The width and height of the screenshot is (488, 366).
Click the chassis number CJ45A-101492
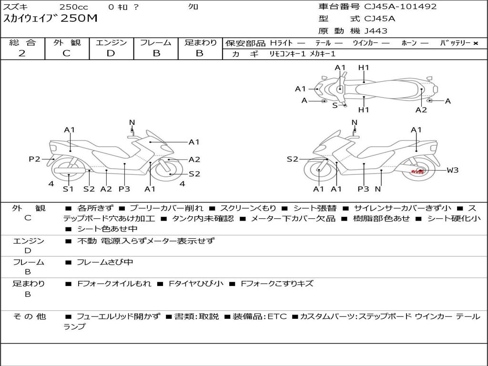pos(400,6)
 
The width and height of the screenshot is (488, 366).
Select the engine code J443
pos(376,31)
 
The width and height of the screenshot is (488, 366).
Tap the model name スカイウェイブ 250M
pos(51,19)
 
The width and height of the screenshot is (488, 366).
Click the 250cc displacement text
pos(74,7)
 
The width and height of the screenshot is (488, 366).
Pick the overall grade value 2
pos(22,53)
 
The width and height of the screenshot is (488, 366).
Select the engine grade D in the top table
pos(111,53)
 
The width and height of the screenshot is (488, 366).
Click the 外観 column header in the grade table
pos(67,42)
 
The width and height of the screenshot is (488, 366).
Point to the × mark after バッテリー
pos(475,43)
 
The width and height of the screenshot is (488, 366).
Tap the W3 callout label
pos(453,170)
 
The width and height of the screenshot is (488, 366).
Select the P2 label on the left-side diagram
pos(34,159)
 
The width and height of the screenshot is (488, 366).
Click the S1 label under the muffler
pos(68,189)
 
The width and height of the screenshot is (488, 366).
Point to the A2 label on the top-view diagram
pos(421,110)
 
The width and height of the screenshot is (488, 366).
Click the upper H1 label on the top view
pos(364,68)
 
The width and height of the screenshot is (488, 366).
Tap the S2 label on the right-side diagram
pos(292,159)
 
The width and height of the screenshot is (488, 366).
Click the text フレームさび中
pos(105,262)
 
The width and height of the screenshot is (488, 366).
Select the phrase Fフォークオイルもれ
pos(114,284)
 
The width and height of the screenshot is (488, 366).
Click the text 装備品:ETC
pos(260,316)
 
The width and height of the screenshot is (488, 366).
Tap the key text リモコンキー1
pos(287,54)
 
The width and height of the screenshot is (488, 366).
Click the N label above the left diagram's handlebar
pos(132,122)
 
